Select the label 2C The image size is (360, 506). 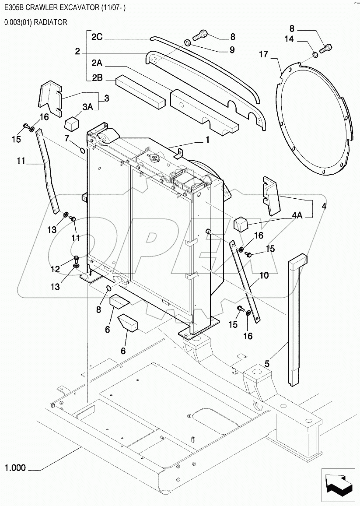[x=97, y=37]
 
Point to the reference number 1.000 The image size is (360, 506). [x=15, y=469]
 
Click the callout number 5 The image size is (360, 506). [x=267, y=363]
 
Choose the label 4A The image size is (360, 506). [x=297, y=215]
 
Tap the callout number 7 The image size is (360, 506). [x=67, y=138]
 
